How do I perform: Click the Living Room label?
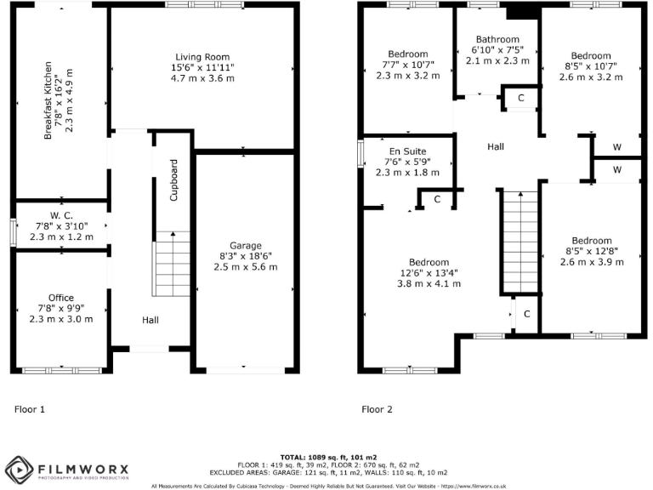pyautogui.click(x=202, y=54)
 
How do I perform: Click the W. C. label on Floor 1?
pyautogui.click(x=60, y=214)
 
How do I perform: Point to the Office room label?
pyautogui.click(x=60, y=297)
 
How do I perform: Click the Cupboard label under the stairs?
pyautogui.click(x=174, y=179)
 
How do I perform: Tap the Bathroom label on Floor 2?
pyautogui.click(x=497, y=39)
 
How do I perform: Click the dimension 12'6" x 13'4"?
pyautogui.click(x=407, y=272)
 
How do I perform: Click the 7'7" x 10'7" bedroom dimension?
pyautogui.click(x=407, y=65)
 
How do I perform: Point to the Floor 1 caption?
pyautogui.click(x=30, y=409)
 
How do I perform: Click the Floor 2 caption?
pyautogui.click(x=378, y=409)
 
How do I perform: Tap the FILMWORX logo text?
pyautogui.click(x=82, y=468)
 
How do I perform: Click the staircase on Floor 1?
pyautogui.click(x=171, y=264)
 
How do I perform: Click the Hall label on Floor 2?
pyautogui.click(x=496, y=146)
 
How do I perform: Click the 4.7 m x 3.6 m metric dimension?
pyautogui.click(x=202, y=77)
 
